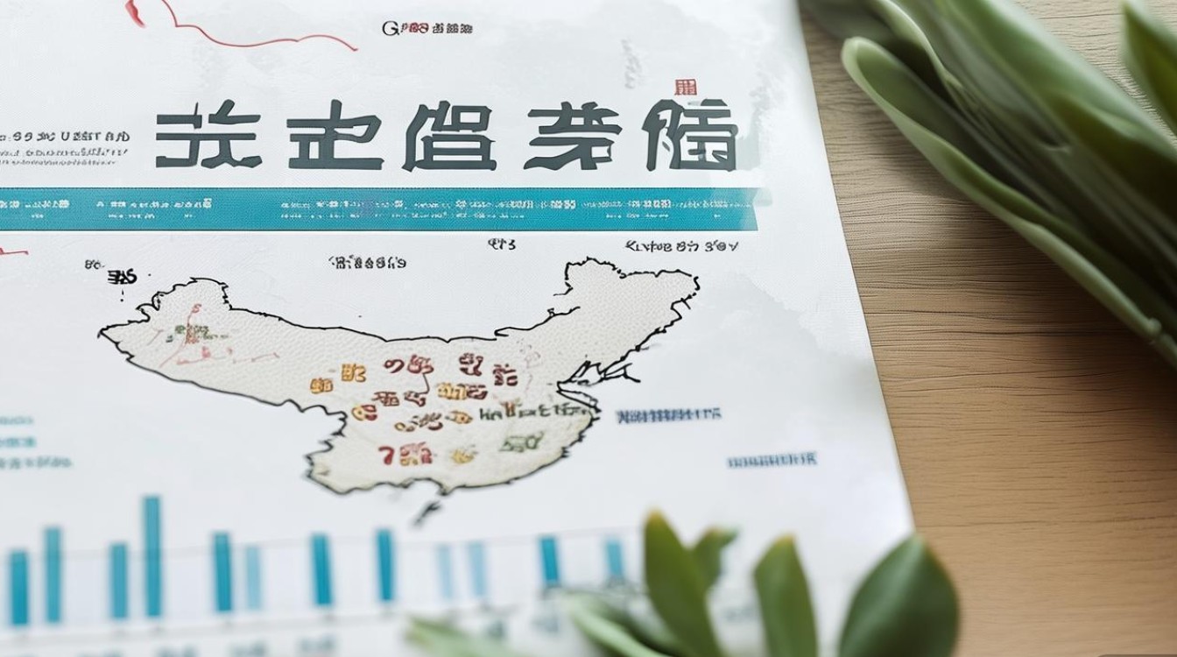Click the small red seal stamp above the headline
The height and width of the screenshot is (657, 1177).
pos(686,88)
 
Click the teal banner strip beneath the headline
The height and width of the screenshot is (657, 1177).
pos(377,209)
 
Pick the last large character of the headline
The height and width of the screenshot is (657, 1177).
pos(691,136)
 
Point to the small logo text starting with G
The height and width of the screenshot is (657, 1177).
pos(426,28)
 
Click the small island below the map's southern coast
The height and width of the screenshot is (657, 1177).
pos(426,510)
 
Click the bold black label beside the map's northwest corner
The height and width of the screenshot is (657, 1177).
pos(122,278)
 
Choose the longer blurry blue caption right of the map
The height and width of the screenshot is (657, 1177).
pos(668,414)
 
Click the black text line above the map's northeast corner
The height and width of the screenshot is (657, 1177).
pos(680,247)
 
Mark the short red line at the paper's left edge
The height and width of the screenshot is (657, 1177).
pos(12,253)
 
